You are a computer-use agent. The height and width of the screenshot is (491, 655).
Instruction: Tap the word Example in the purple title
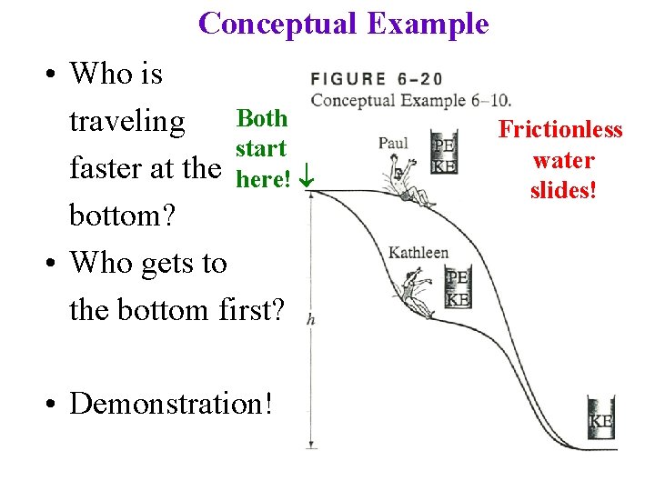click(x=428, y=23)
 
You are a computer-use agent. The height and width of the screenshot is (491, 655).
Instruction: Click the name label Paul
click(x=393, y=143)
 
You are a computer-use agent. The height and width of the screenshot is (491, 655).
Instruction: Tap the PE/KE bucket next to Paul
click(x=444, y=155)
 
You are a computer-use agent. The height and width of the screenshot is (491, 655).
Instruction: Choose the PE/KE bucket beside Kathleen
click(x=457, y=287)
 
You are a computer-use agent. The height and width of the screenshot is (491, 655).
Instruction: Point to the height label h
click(x=312, y=318)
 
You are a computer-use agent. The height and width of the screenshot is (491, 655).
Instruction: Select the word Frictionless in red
click(x=560, y=129)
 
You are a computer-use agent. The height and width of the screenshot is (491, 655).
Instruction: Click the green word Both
click(x=261, y=118)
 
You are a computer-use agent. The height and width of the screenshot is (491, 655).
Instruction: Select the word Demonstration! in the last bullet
click(x=171, y=403)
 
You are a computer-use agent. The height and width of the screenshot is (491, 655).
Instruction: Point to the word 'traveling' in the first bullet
click(x=127, y=121)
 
